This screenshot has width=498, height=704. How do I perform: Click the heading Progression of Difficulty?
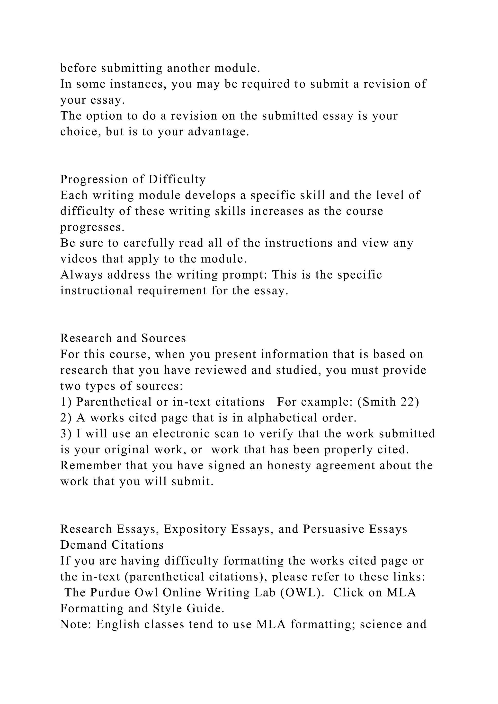133,179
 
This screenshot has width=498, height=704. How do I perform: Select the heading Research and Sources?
123,338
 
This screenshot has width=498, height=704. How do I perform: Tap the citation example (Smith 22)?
388,402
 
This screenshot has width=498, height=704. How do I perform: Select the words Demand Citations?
112,545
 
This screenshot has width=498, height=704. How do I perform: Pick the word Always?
81,275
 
